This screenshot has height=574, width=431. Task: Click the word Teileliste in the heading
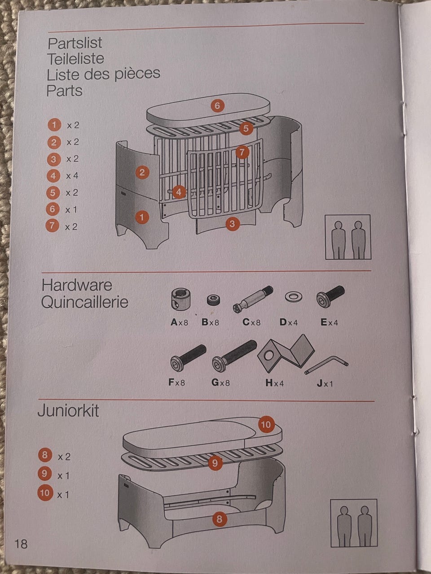(75, 59)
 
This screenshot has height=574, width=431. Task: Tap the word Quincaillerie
(84, 302)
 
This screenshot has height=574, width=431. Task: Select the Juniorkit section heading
(68, 411)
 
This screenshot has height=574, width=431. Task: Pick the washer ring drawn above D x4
(293, 296)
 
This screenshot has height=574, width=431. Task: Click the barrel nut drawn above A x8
(180, 299)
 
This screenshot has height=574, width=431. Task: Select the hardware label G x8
(220, 383)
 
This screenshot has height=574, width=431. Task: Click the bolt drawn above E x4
(330, 296)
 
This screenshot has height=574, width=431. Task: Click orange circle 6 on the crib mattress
(217, 106)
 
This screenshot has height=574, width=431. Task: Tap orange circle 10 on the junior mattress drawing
(266, 424)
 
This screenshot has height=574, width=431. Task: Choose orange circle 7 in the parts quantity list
(53, 226)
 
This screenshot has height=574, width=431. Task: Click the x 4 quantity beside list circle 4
(72, 176)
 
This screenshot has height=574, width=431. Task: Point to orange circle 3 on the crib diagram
(232, 224)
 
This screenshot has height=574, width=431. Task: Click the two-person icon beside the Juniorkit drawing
(353, 523)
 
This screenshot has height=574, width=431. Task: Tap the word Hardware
(77, 285)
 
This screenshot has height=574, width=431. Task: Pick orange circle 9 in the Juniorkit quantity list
(44, 473)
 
